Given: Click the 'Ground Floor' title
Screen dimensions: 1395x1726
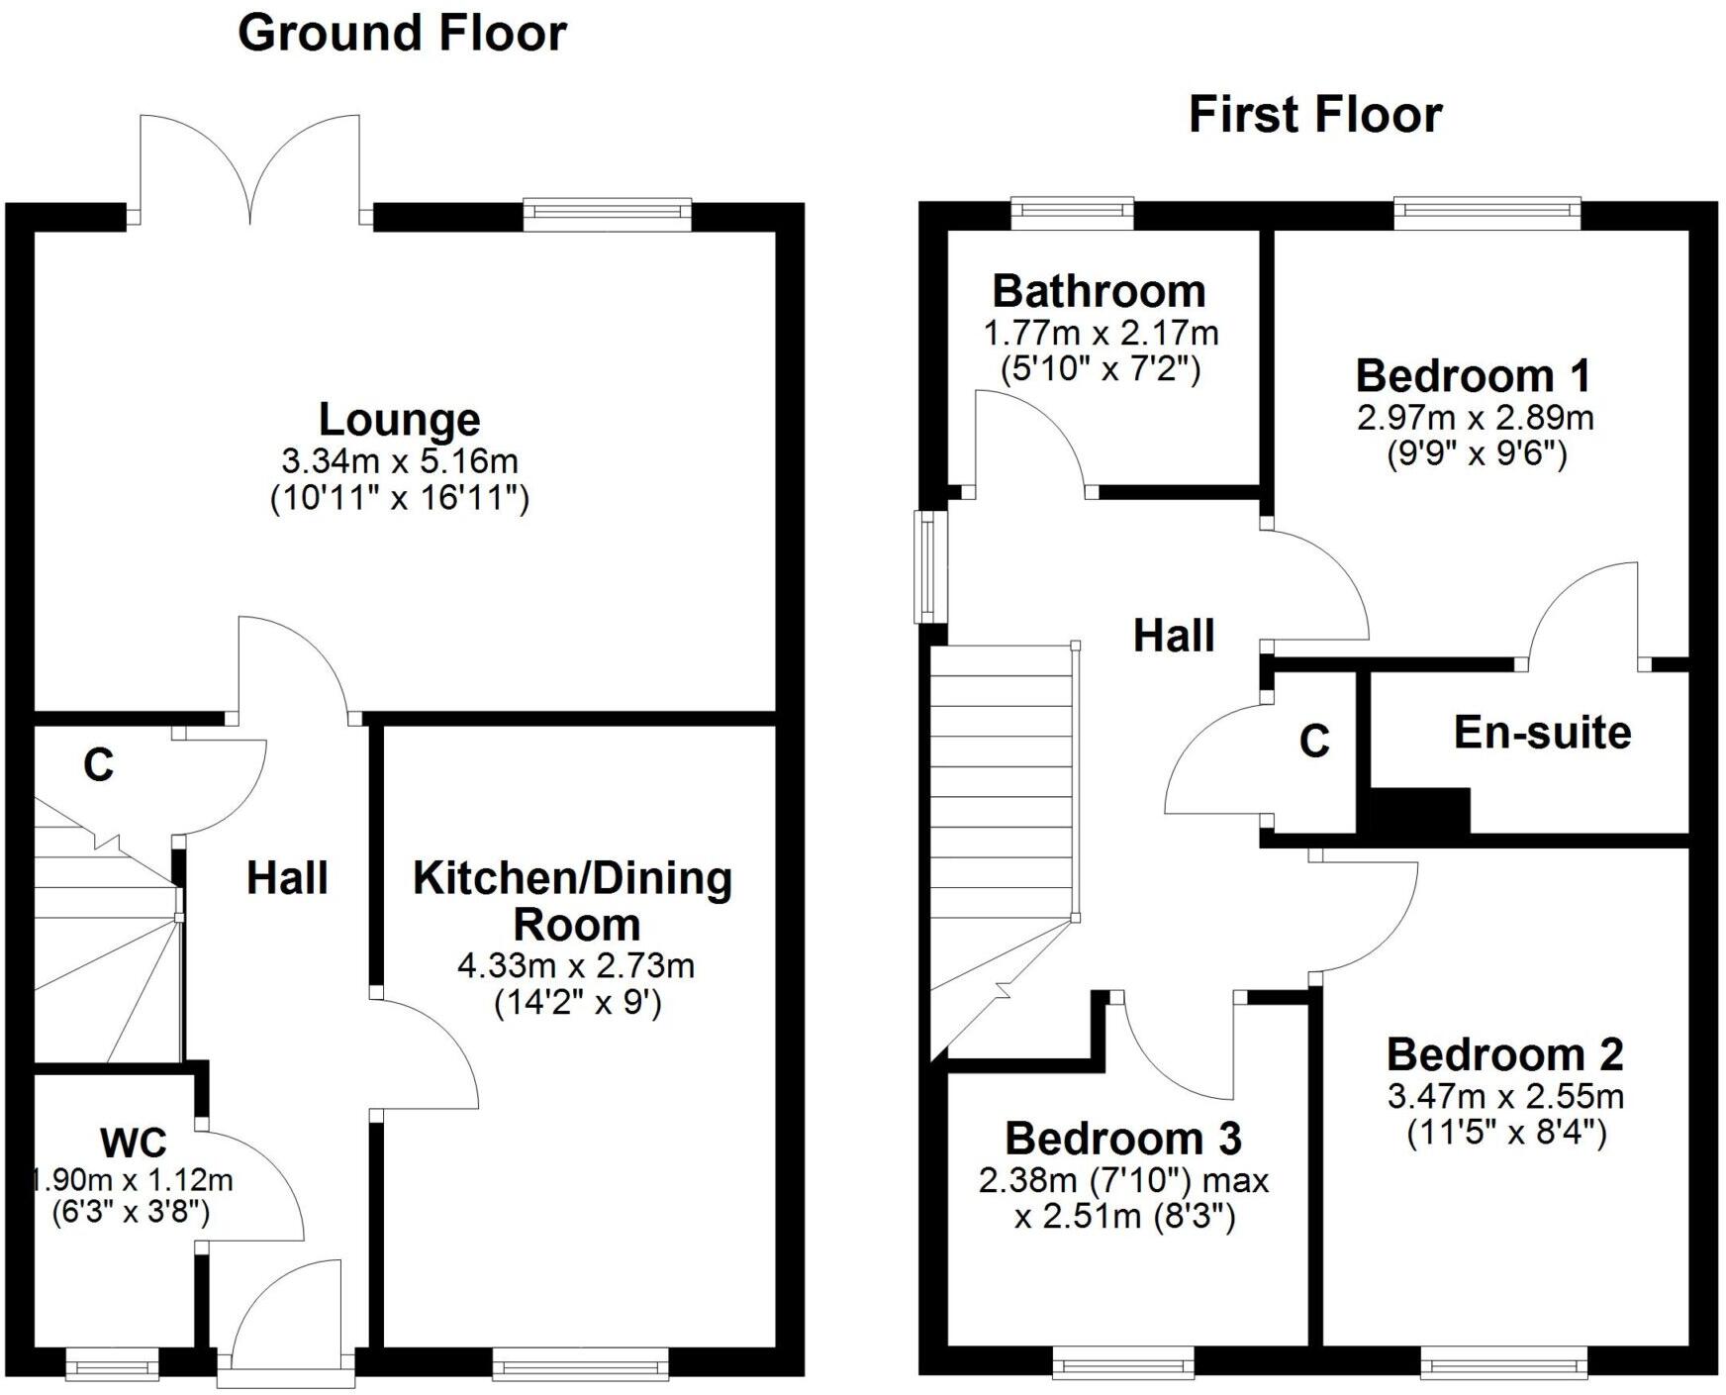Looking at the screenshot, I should click(402, 34).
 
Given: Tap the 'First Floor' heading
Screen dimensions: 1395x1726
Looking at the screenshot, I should click(1314, 115).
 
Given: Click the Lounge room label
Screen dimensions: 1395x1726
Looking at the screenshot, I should click(399, 420).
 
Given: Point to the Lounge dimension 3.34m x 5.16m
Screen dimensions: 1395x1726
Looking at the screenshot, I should click(399, 461).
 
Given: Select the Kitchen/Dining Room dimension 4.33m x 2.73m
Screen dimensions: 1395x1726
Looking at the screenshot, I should click(575, 966).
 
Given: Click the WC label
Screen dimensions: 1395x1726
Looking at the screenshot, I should click(134, 1143).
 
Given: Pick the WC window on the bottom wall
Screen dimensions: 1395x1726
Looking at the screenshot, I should click(112, 1367).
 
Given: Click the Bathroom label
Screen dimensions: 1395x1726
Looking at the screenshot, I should click(1099, 292).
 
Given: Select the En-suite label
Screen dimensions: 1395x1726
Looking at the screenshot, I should click(1542, 733).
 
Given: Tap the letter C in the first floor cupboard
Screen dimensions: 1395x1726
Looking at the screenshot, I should click(1313, 742).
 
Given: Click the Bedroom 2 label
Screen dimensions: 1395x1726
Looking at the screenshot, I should click(1504, 1055).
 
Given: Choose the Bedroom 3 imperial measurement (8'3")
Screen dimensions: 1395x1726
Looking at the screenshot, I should click(1195, 1217).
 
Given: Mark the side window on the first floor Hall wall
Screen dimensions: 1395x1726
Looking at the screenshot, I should click(927, 566).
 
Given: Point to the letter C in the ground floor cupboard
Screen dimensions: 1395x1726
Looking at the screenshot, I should click(99, 765).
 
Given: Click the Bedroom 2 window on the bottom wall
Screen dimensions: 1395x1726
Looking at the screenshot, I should click(1503, 1367).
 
